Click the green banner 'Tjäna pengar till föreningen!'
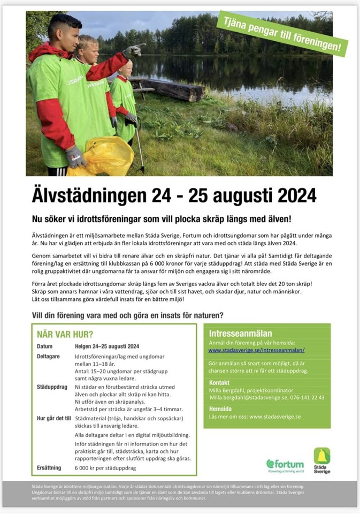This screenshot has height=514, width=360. [282, 33]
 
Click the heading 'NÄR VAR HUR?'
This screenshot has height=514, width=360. [65, 335]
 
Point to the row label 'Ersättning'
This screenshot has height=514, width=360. [49, 467]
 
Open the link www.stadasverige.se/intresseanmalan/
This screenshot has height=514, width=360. [256, 350]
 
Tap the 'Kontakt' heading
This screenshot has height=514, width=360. [219, 383]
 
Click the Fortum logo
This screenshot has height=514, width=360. [285, 464]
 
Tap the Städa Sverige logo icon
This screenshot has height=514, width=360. [322, 456]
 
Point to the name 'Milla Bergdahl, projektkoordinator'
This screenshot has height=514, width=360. [251, 390]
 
